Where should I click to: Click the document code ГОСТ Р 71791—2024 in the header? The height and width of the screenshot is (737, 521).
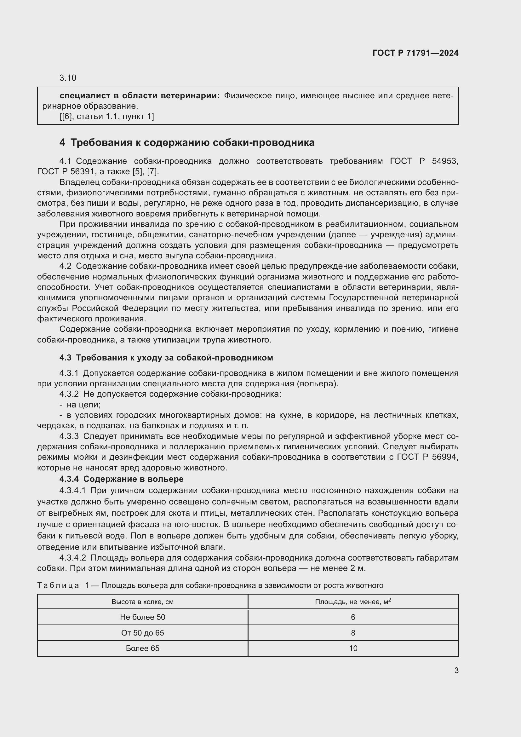point(415,53)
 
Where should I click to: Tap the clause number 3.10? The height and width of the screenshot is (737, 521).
point(68,78)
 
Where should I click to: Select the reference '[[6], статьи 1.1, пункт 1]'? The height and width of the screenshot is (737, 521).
point(107,117)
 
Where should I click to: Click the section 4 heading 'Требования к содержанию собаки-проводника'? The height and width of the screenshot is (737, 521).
point(192,142)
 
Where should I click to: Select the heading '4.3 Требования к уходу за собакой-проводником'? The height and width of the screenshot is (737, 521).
point(166,358)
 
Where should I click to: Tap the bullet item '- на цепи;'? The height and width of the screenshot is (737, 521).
point(80,405)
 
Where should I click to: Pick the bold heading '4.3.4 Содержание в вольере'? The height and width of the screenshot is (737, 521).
point(122,479)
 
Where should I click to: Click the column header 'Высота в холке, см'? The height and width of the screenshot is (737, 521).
point(142,602)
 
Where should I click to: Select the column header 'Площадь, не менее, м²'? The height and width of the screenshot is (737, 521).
point(353,602)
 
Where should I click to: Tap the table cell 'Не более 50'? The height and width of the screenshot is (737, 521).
point(142,617)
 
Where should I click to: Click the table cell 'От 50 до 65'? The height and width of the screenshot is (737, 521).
point(142,633)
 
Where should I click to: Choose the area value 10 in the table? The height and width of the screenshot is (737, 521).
point(353,648)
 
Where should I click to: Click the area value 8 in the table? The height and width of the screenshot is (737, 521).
point(353,633)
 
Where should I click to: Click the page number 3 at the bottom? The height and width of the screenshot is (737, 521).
point(456,671)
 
